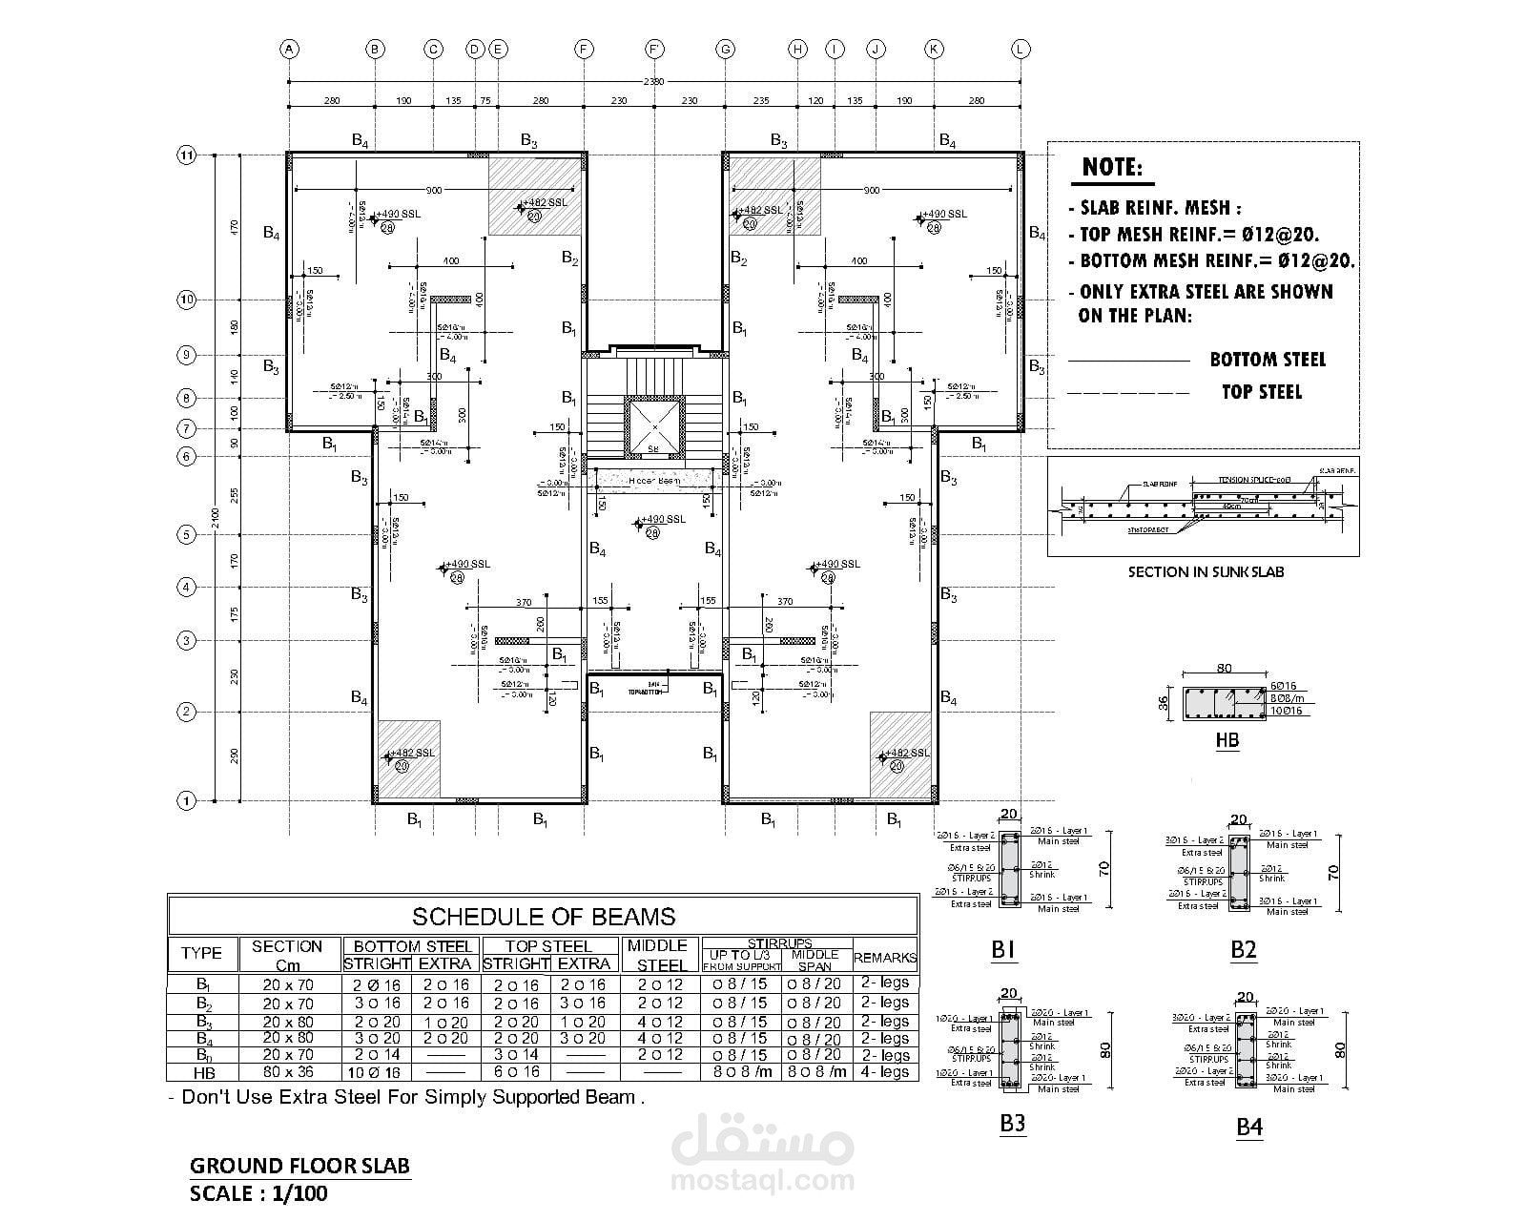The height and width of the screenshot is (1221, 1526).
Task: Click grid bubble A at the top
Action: [x=289, y=50]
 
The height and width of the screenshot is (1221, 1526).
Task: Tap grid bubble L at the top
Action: [x=1021, y=50]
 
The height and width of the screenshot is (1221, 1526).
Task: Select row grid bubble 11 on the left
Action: [x=187, y=155]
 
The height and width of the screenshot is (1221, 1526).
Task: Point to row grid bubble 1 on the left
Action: [x=187, y=801]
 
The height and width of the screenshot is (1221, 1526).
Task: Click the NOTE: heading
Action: [x=1112, y=169]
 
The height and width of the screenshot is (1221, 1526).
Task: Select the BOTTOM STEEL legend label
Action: [x=1268, y=360]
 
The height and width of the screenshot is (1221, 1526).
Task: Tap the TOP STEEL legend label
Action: [x=1261, y=392]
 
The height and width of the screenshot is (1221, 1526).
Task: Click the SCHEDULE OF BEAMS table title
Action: [x=544, y=917]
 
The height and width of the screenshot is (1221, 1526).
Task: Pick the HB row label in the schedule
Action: [x=203, y=1072]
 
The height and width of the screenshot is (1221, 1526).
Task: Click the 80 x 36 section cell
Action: [x=286, y=1072]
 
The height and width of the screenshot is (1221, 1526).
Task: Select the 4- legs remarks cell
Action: [x=885, y=1072]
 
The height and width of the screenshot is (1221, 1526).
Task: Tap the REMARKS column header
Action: [x=885, y=958]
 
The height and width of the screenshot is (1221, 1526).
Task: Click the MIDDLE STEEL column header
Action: [x=657, y=955]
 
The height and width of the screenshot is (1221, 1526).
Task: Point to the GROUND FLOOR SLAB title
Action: [x=299, y=1166]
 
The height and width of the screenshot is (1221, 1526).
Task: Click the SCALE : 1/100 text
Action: [x=258, y=1194]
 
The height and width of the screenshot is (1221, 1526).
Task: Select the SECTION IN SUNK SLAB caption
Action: [x=1206, y=572]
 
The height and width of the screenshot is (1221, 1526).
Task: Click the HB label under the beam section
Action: [x=1227, y=739]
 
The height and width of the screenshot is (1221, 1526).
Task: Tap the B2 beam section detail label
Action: [x=1244, y=950]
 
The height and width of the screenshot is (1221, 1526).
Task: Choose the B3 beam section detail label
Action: [x=1012, y=1124]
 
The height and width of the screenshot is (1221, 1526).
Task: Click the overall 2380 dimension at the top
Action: [x=654, y=82]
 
